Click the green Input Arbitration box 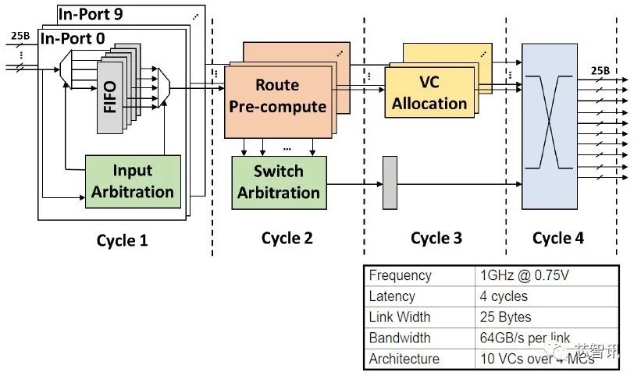click(132, 181)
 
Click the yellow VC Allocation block click(429, 92)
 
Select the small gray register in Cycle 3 click(390, 182)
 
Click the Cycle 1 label click(122, 240)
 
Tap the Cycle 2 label click(287, 238)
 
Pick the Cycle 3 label click(441, 238)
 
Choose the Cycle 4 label click(558, 238)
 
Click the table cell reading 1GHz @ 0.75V click(520, 276)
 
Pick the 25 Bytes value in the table click(506, 317)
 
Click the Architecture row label click(404, 359)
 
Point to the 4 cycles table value click(504, 297)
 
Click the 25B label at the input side click(21, 36)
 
